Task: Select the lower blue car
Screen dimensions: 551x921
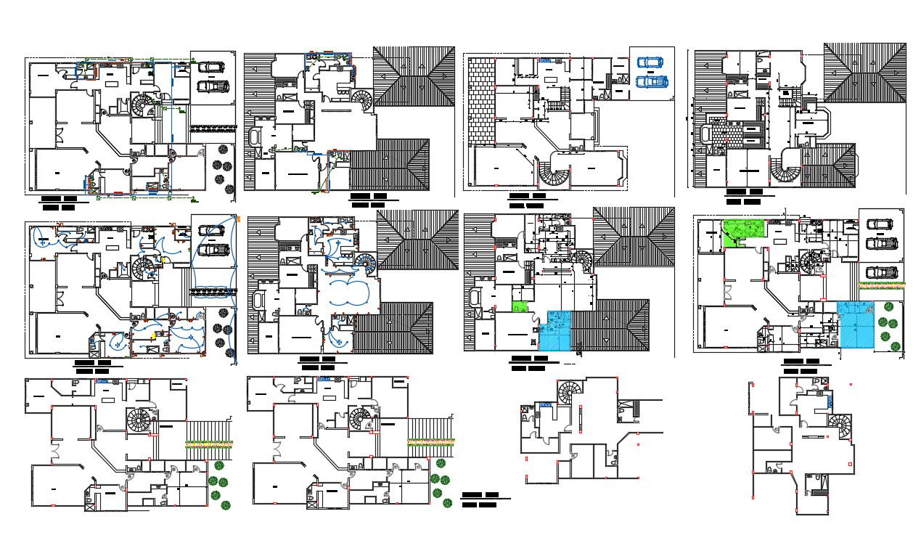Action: click(x=651, y=81)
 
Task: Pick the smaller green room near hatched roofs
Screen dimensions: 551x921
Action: click(x=519, y=307)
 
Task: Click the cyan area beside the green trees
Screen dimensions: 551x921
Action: click(x=856, y=324)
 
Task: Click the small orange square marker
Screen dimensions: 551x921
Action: click(x=238, y=218)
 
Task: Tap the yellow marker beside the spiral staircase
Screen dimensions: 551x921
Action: click(x=165, y=259)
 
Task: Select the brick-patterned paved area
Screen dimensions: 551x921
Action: click(x=480, y=100)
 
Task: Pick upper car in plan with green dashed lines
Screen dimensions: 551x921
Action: click(x=211, y=68)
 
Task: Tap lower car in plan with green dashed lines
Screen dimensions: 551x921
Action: click(x=213, y=86)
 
